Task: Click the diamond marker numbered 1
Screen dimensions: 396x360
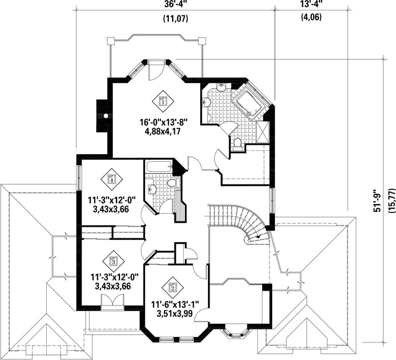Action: coord(163,102)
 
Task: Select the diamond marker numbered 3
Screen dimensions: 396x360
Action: coord(114,261)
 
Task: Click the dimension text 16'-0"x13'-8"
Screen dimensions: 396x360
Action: coord(163,123)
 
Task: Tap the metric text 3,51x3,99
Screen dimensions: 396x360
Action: coord(175,313)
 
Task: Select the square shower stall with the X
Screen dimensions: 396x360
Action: coord(263,132)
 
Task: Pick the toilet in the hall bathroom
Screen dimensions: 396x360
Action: coord(173,183)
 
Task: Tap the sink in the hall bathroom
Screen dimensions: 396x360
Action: coord(152,189)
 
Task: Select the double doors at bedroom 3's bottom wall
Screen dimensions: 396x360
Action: coord(113,301)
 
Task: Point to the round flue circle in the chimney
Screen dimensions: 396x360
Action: coord(106,116)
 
